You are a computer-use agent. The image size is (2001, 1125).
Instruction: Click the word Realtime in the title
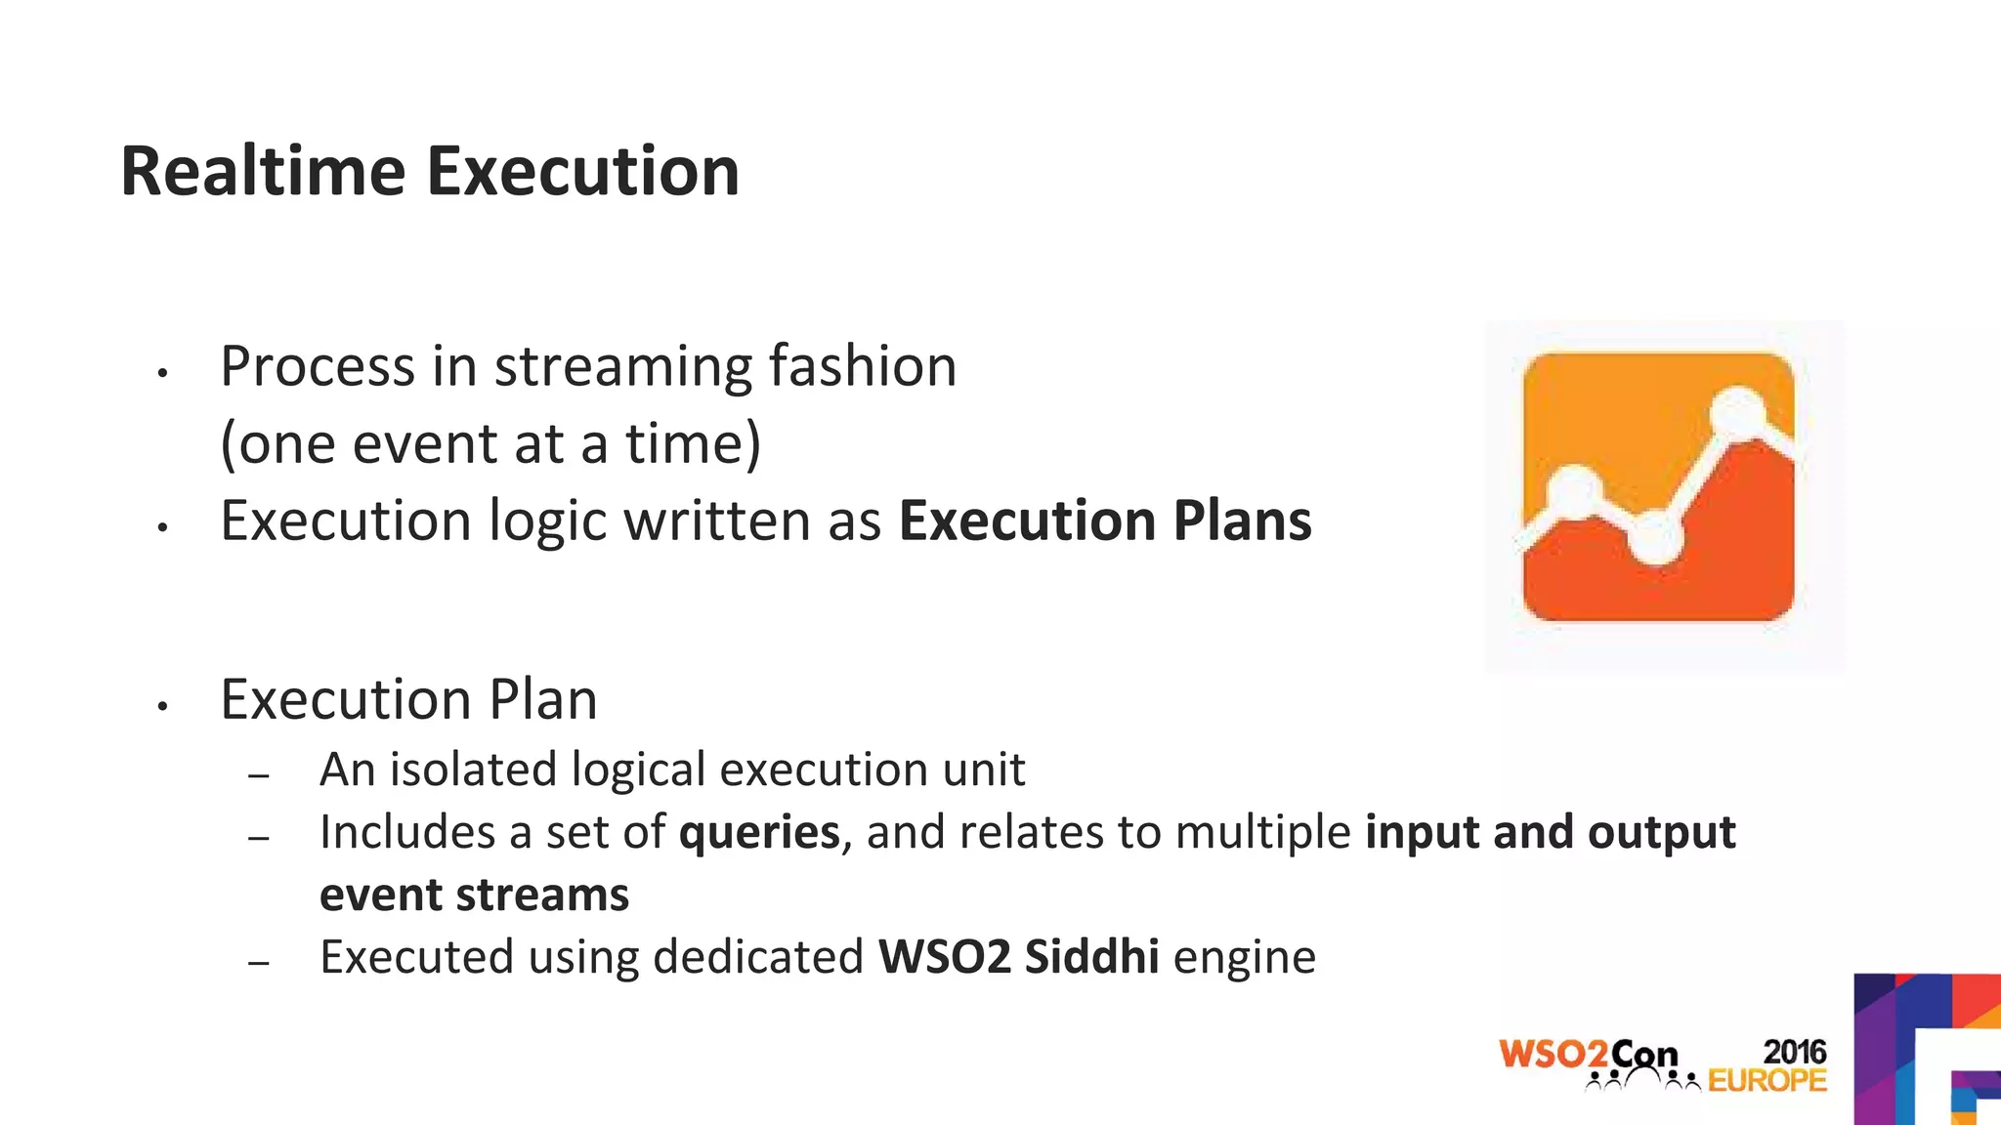262,172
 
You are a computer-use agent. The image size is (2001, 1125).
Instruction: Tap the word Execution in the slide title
582,172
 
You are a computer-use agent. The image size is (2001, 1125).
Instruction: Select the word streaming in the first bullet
623,367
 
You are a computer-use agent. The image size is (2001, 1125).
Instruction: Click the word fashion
862,367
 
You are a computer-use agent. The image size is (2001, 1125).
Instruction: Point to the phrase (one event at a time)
490,444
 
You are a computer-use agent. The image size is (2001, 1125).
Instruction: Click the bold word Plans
1242,521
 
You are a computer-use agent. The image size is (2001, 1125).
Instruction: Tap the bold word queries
759,833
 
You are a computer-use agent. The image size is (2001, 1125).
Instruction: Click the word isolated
474,770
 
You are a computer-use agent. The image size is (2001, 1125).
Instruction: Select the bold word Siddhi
1091,957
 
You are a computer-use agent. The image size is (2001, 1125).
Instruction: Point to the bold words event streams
474,896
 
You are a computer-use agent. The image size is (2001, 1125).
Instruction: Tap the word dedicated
758,957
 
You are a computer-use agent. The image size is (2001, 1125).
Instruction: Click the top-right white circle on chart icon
1739,412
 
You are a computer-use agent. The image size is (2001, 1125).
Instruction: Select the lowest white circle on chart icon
1655,536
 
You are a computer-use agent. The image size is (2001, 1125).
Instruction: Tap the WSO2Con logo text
1588,1055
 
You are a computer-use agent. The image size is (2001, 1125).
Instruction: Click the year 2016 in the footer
1794,1052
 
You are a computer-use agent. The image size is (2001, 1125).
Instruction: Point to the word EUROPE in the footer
1767,1081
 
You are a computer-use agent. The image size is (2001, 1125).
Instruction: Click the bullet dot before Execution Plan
163,706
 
